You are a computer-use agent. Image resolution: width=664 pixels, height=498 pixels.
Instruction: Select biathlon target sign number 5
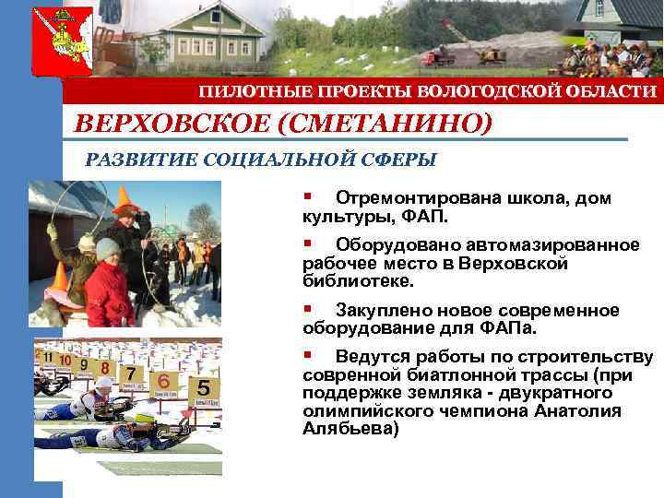(x=202, y=387)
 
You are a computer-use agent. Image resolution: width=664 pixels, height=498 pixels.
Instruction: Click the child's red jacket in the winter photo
(x=109, y=293)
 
